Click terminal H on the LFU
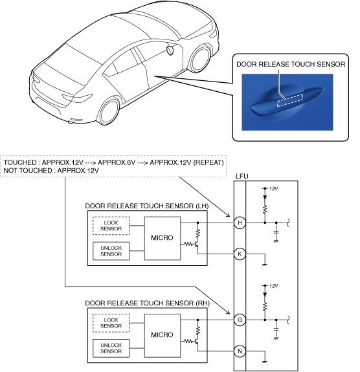point(240,223)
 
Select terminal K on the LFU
point(240,254)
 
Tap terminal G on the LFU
point(240,320)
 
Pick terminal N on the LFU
point(240,351)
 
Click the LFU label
point(242,176)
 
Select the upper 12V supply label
point(274,189)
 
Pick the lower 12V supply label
point(274,286)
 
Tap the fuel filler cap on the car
point(170,50)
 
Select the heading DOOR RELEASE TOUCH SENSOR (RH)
point(147,303)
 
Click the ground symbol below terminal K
point(265,265)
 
